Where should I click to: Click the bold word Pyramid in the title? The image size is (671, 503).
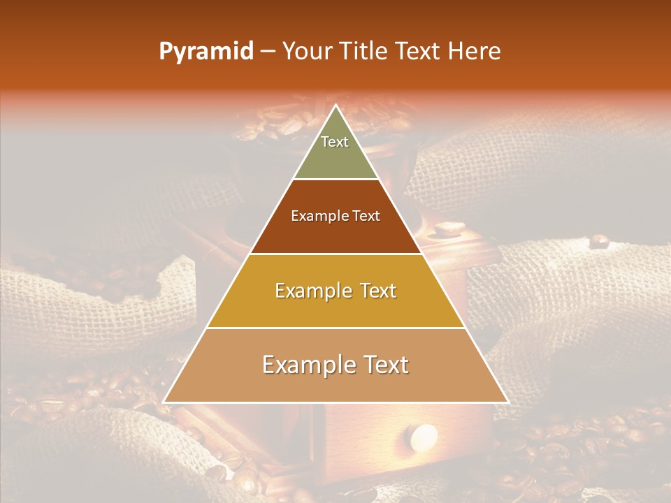(206, 52)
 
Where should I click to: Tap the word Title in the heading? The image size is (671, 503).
(364, 52)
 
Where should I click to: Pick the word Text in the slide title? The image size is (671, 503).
(419, 52)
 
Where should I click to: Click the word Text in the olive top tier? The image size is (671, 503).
(335, 142)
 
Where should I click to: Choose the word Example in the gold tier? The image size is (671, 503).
(312, 291)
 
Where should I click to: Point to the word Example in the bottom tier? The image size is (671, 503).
(306, 365)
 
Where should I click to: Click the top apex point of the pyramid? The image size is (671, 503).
(335, 105)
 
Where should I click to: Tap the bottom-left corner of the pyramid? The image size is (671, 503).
(164, 402)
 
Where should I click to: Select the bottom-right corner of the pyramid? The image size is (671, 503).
(507, 402)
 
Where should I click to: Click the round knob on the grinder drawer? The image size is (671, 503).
(424, 437)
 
